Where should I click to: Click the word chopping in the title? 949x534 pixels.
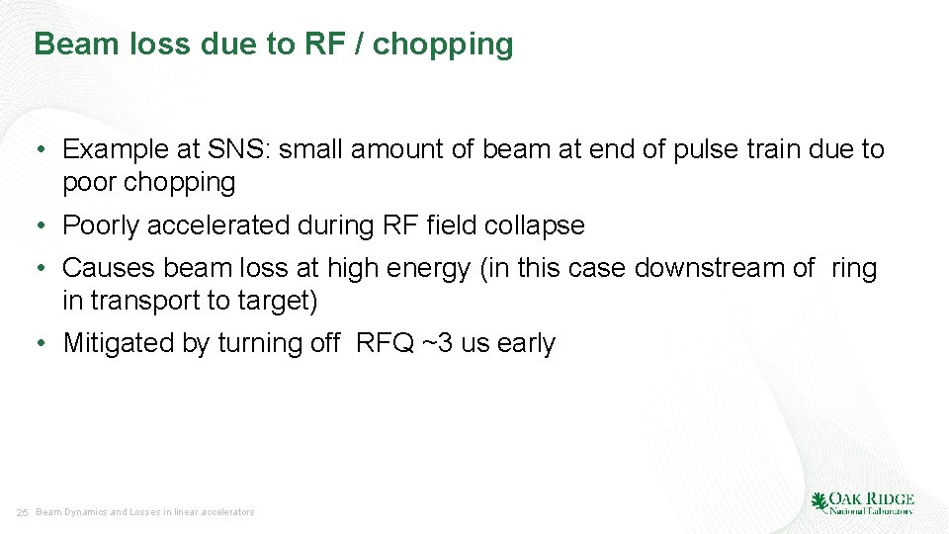coord(443,44)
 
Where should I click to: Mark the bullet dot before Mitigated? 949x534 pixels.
coord(40,344)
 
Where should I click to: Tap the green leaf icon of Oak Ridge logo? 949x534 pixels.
coord(819,502)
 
